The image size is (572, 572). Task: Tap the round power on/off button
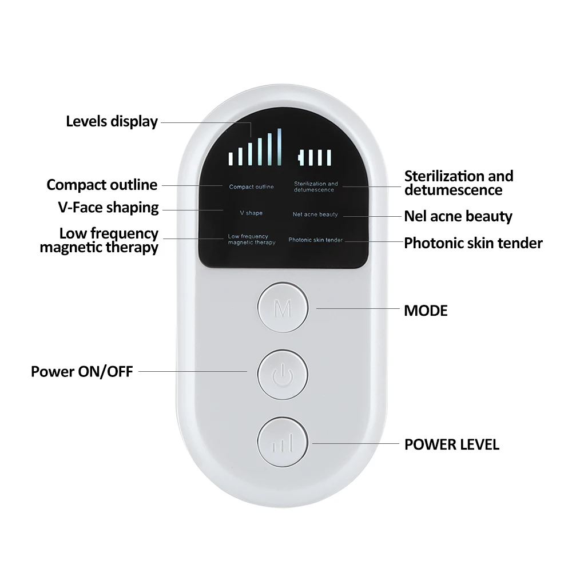(283, 375)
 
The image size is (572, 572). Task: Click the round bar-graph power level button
(283, 442)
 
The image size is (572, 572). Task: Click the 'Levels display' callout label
(112, 121)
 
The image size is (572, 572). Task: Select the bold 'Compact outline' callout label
(102, 185)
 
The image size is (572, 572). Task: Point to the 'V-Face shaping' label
(108, 208)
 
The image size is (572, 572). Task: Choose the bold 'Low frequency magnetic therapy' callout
(100, 241)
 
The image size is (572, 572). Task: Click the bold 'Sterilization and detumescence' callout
(459, 183)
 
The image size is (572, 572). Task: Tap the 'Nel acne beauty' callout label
(458, 216)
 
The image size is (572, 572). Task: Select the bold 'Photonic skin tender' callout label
(473, 243)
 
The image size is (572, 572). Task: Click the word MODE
(426, 311)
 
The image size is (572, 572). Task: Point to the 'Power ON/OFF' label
(82, 372)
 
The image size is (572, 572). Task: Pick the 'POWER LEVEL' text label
(452, 444)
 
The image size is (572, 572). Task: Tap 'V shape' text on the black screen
(251, 213)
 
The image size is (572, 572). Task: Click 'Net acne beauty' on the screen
(315, 214)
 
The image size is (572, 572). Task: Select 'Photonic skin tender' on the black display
(315, 240)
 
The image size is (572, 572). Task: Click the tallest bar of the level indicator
(279, 147)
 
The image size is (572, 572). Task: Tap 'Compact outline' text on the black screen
(251, 187)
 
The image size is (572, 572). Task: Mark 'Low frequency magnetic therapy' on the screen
(251, 240)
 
